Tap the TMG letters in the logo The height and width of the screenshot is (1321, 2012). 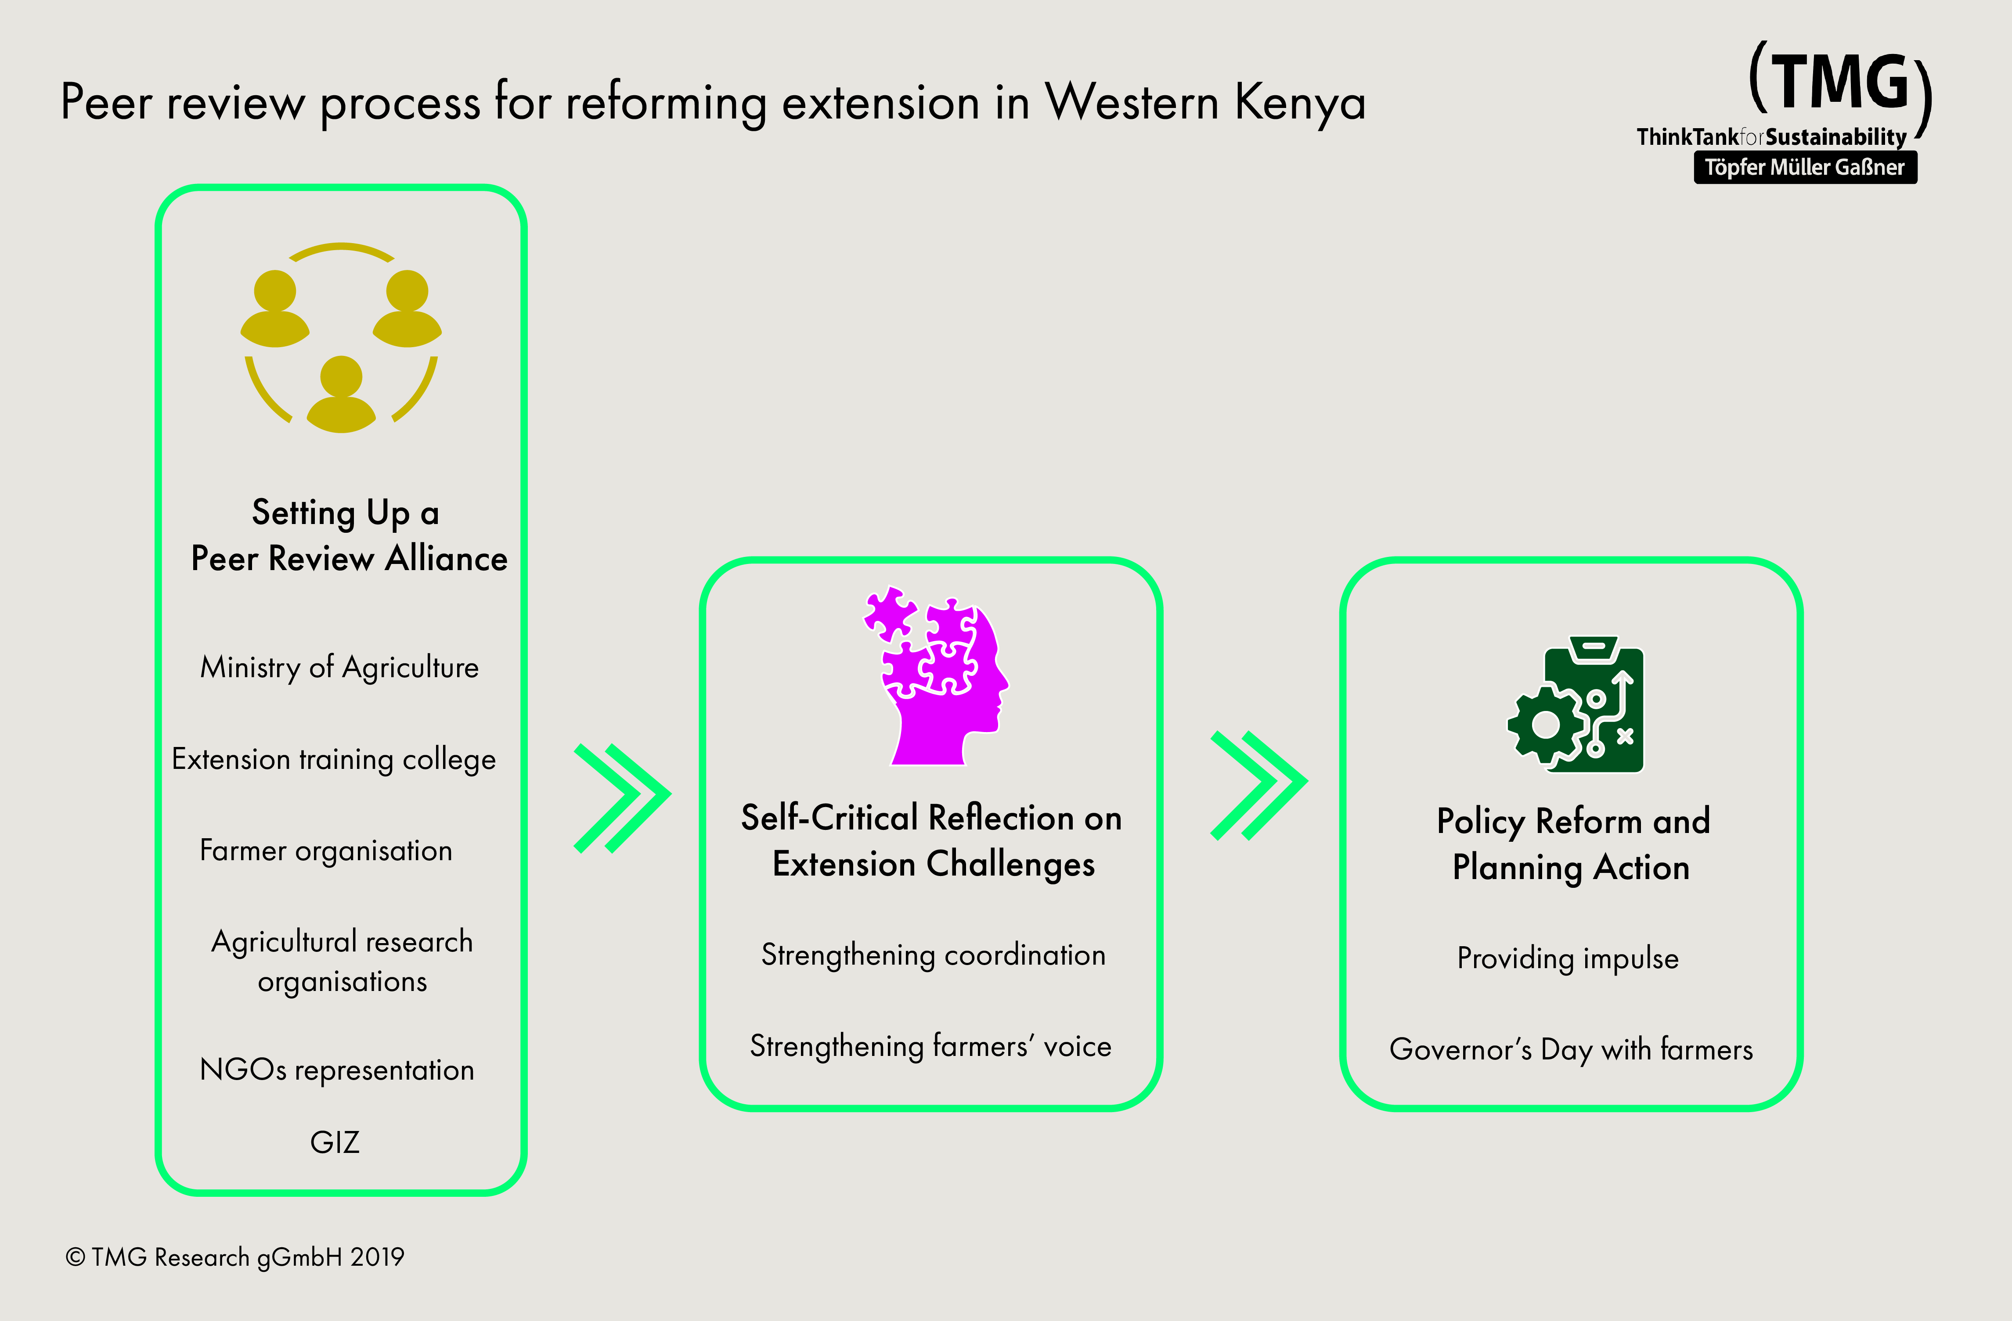pyautogui.click(x=1839, y=82)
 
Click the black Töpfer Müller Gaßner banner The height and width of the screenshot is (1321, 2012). pyautogui.click(x=1805, y=167)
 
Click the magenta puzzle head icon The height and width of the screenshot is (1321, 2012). pyautogui.click(x=937, y=676)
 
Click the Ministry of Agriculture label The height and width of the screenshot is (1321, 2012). pyautogui.click(x=339, y=668)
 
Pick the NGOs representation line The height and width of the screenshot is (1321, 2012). pyautogui.click(x=336, y=1070)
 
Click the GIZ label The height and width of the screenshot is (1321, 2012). pyautogui.click(x=335, y=1143)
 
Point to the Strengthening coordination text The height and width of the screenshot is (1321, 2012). pyautogui.click(x=933, y=955)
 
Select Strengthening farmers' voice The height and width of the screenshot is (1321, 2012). pyautogui.click(x=931, y=1046)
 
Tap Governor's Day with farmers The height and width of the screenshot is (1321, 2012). pyautogui.click(x=1571, y=1050)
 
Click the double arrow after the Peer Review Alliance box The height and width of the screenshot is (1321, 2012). pyautogui.click(x=622, y=798)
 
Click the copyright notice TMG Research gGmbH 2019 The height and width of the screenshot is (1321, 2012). pyautogui.click(x=235, y=1258)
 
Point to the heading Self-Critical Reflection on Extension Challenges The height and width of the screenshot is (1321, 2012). pyautogui.click(x=932, y=841)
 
